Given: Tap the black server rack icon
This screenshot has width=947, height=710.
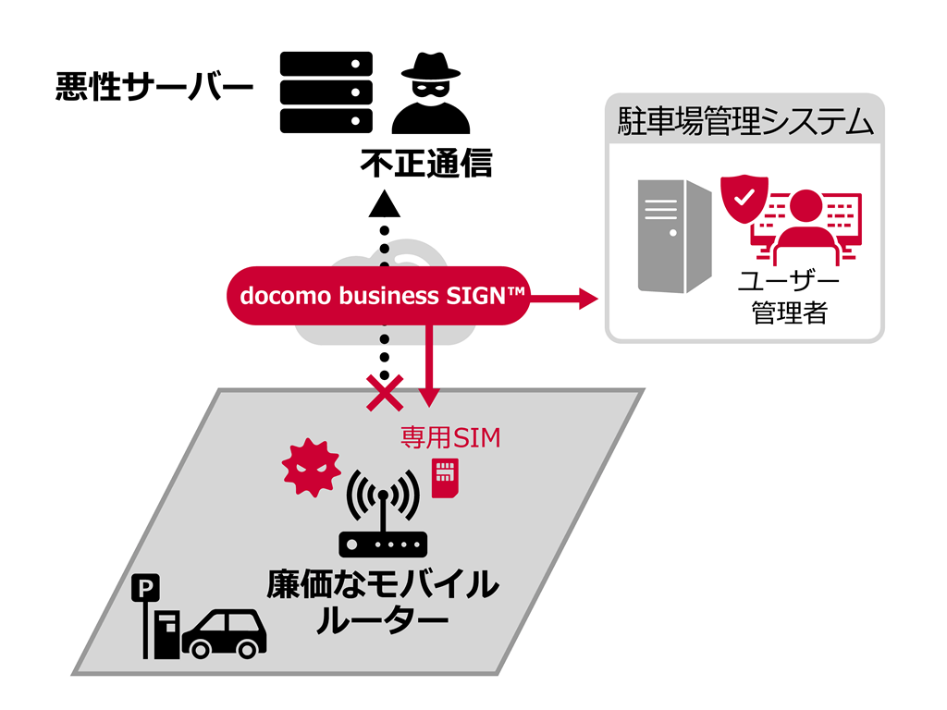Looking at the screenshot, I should (326, 92).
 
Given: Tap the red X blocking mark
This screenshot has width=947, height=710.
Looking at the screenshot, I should (384, 393).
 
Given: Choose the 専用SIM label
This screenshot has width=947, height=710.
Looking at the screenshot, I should (450, 436).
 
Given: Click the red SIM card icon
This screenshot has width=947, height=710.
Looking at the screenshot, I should (446, 478).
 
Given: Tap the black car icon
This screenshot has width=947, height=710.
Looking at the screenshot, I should (225, 634).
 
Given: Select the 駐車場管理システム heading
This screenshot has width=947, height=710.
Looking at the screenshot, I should (744, 122).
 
